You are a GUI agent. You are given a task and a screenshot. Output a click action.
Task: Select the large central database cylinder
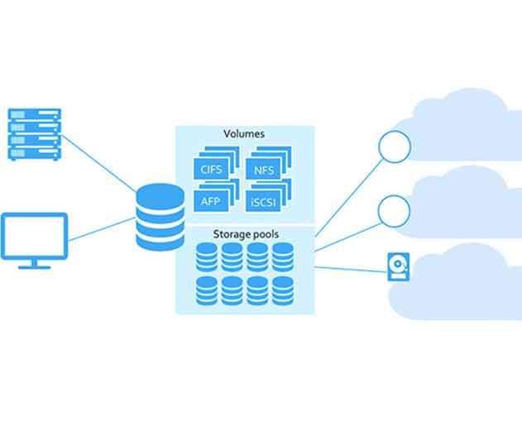click(x=160, y=218)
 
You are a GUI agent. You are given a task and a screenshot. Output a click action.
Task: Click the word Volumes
click(x=244, y=133)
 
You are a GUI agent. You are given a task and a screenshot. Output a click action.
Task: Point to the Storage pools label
click(x=246, y=235)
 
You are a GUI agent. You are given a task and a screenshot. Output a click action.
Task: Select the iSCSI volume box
click(x=264, y=199)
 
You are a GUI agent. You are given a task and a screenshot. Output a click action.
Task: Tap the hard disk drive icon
click(x=397, y=266)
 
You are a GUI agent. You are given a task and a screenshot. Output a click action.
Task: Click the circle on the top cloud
click(x=394, y=147)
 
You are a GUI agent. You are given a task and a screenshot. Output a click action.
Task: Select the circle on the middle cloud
click(x=394, y=212)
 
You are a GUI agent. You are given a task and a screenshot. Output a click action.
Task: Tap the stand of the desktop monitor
click(x=34, y=262)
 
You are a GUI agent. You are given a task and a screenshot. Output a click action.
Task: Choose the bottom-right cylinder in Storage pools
click(x=283, y=290)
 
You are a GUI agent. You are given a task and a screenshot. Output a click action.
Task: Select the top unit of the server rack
click(x=34, y=113)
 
